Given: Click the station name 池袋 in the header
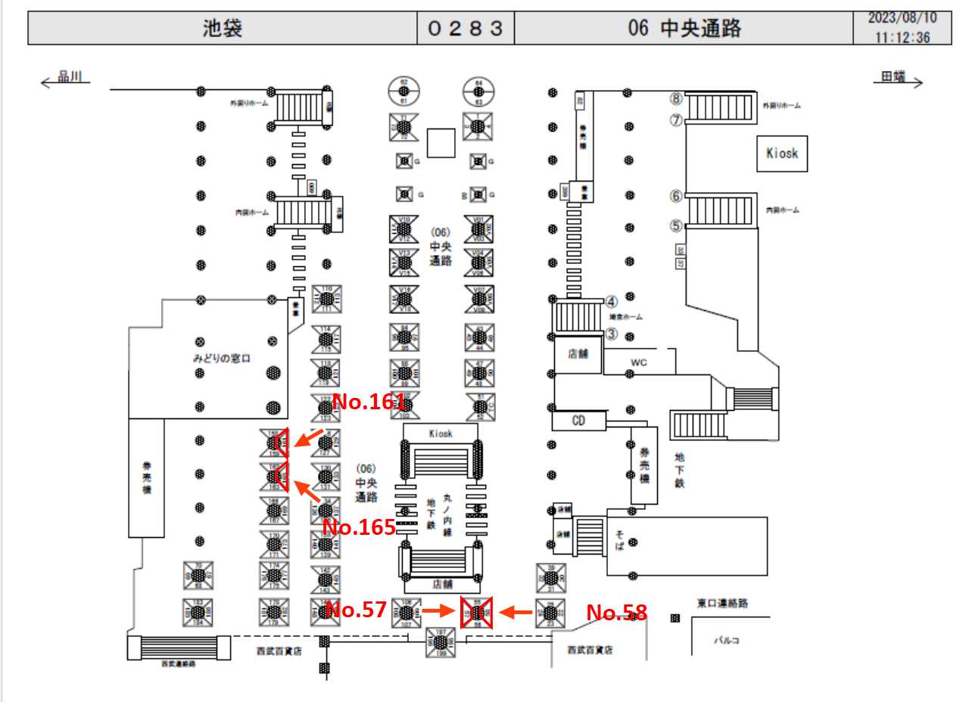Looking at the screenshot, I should point(223,29).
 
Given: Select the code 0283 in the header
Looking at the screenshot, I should point(466,29).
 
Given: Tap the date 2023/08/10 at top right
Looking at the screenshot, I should point(902,18).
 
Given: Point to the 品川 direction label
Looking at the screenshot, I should point(73,76).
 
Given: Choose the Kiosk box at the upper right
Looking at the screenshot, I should point(782,154).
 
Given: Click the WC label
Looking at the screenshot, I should point(640,363).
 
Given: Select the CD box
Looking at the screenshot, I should point(579,421).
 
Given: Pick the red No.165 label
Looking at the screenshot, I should point(359,527).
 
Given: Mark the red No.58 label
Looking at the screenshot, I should point(617,613).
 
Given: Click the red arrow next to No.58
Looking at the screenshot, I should point(519,610).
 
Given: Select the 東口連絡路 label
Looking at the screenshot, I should point(722,603).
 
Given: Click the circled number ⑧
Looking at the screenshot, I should point(675,98).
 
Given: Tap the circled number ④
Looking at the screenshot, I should point(612,300).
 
